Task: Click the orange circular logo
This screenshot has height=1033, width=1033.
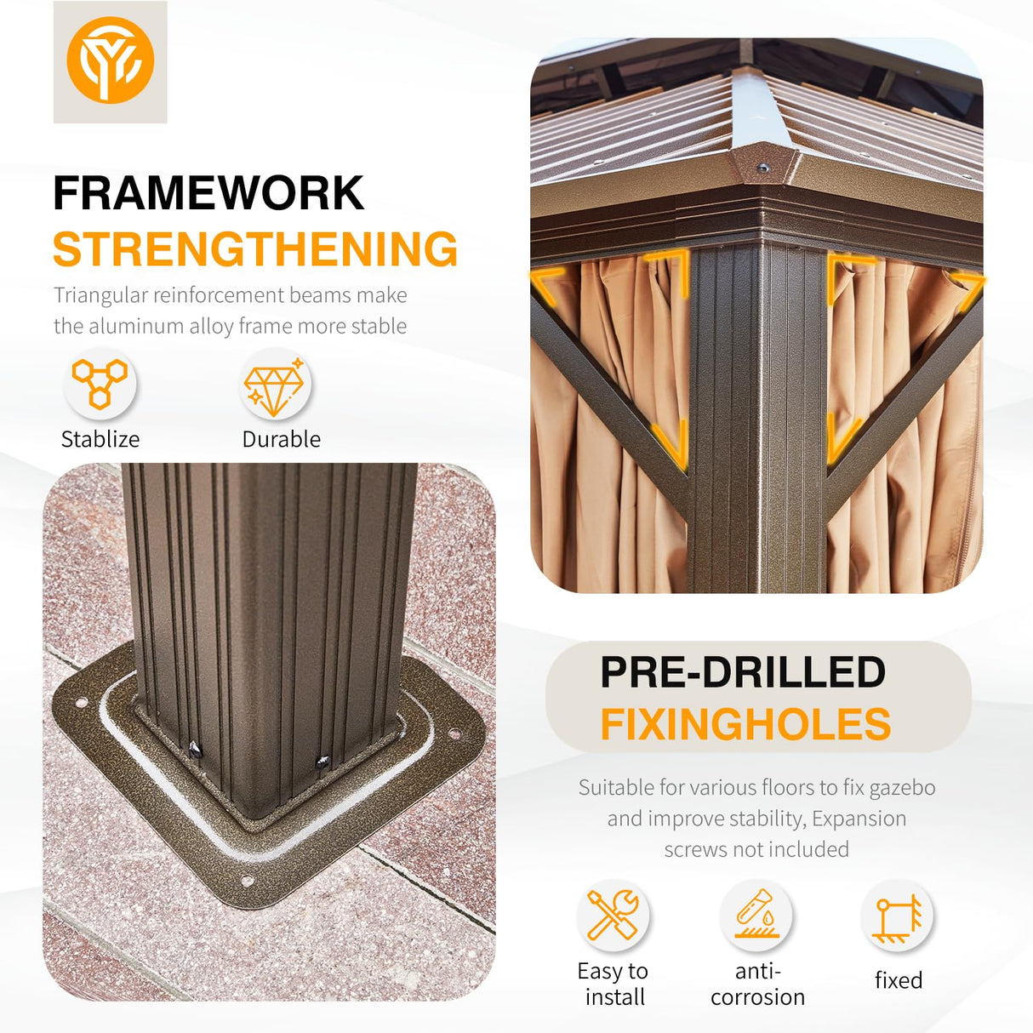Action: coord(111,60)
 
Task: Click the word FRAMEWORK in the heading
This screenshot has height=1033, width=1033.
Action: coord(208,193)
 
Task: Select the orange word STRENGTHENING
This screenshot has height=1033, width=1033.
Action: coord(255,248)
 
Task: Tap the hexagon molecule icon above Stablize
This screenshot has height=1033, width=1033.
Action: coord(100,384)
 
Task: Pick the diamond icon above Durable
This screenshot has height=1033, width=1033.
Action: coord(275,386)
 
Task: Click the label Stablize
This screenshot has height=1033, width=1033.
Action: coord(100,440)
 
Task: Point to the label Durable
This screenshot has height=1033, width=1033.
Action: coord(282,440)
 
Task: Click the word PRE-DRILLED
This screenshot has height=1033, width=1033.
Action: coord(743,671)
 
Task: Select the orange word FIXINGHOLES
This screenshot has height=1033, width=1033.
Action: coord(745,724)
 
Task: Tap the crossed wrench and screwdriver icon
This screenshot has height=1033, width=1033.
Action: coord(613,915)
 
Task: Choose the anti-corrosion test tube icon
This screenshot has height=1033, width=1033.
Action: coord(756,914)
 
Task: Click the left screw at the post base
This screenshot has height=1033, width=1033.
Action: coord(195,750)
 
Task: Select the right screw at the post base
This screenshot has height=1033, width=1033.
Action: coord(322,762)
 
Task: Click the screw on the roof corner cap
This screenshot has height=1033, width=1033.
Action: coord(763,168)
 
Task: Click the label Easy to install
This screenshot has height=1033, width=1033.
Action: coord(614,984)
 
